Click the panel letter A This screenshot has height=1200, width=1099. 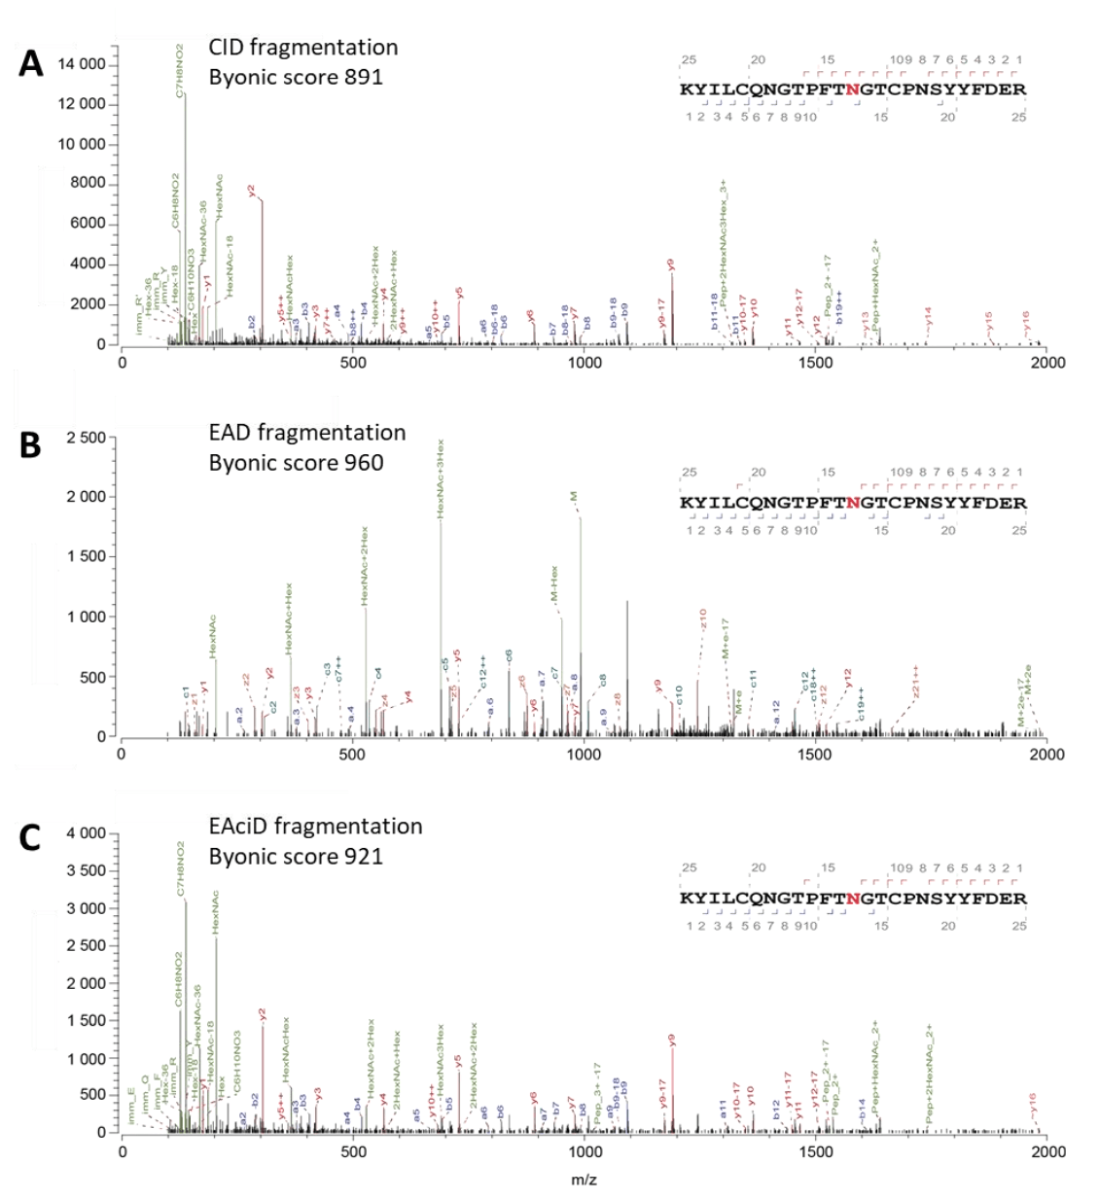pyautogui.click(x=31, y=64)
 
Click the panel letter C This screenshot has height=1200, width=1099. pyautogui.click(x=30, y=837)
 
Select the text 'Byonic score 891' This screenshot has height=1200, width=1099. pyautogui.click(x=296, y=77)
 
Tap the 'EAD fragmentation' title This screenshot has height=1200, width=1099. pyautogui.click(x=306, y=433)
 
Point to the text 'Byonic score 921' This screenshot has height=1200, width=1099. pyautogui.click(x=296, y=857)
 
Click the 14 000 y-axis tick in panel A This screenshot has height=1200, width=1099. pyautogui.click(x=82, y=64)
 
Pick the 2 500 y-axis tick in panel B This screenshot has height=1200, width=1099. pyautogui.click(x=86, y=438)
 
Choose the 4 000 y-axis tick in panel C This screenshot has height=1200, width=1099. pyautogui.click(x=86, y=833)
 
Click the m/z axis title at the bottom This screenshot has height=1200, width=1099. pyautogui.click(x=584, y=1180)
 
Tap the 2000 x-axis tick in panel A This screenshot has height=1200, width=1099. pyautogui.click(x=1047, y=363)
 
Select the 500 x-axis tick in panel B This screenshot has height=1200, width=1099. pyautogui.click(x=353, y=754)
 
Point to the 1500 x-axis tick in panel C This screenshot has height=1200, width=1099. pyautogui.click(x=815, y=1152)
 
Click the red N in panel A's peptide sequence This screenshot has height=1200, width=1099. pyautogui.click(x=853, y=89)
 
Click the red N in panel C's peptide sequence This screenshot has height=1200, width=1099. pyautogui.click(x=853, y=899)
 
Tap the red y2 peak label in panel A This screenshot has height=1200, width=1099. pyautogui.click(x=251, y=192)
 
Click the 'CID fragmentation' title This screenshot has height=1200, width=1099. pyautogui.click(x=302, y=48)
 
